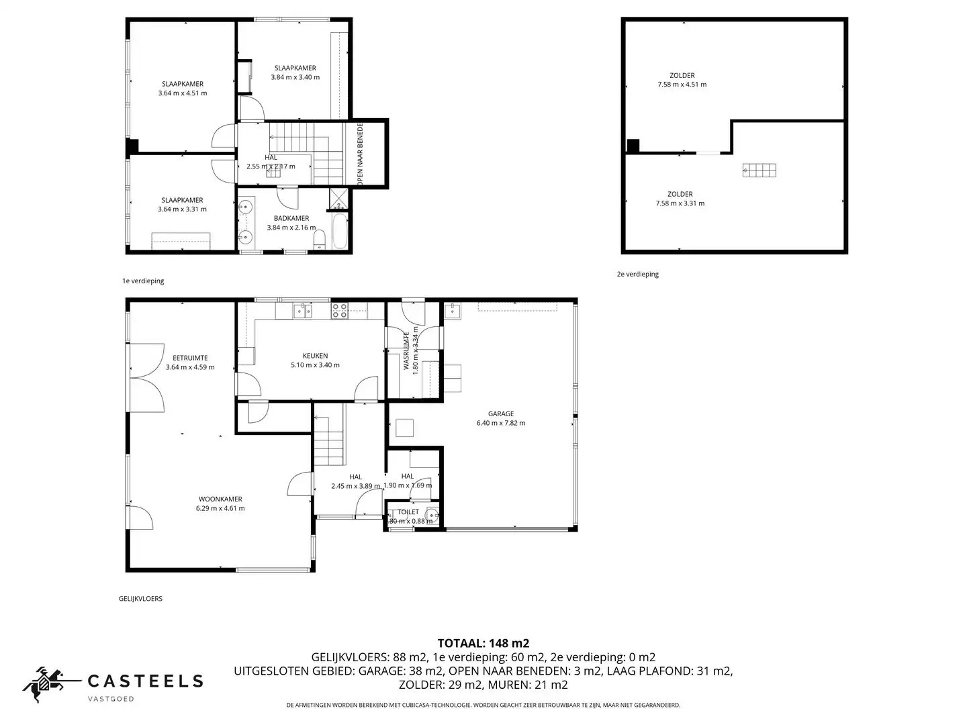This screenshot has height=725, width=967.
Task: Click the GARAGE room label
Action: pos(500,414)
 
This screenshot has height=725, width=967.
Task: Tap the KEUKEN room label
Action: pos(315,356)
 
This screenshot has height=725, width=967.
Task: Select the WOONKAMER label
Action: pos(220,499)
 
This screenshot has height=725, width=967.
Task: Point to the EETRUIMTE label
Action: pos(190,358)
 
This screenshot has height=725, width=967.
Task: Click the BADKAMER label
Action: pos(291,218)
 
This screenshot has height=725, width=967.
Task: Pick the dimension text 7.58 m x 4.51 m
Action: pos(682,85)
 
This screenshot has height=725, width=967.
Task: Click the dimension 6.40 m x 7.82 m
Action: pos(500,423)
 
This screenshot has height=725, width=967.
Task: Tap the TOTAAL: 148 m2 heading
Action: pos(483,643)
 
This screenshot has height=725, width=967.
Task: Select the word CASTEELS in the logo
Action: pos(145,681)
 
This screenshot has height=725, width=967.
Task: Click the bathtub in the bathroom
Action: pos(339,231)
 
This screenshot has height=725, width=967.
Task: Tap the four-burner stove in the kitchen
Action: pos(340,310)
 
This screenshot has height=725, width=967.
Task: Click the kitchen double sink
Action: pos(302,310)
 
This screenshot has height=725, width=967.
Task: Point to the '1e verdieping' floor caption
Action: pos(143,281)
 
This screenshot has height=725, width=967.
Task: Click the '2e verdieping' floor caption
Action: pos(637,274)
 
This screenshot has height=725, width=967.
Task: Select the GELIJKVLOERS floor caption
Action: pos(140,598)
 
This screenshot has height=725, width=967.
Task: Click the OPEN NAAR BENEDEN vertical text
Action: pos(360,154)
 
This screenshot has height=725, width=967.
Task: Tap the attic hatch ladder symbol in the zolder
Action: pos(759,171)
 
